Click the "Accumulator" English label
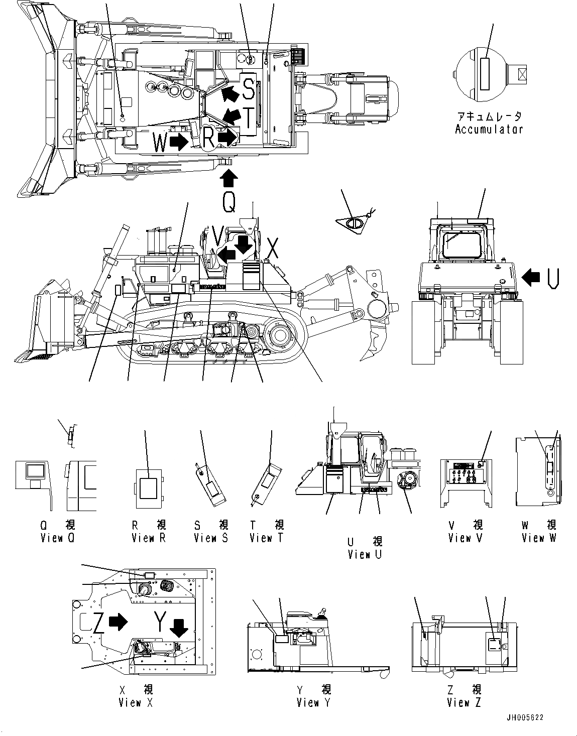(489, 129)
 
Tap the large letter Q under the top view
(228, 202)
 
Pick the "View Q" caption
(58, 538)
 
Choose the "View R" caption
(149, 538)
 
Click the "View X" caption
(136, 702)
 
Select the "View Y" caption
(313, 702)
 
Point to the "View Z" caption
(464, 702)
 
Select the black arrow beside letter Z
(118, 622)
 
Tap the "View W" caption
(539, 538)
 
